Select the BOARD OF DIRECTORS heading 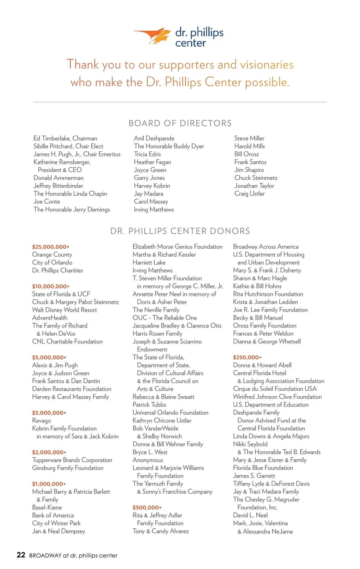coord(180,123)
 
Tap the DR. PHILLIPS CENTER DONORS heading coord(180,231)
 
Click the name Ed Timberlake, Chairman coord(65,138)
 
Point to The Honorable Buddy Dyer coord(169,146)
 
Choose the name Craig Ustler coord(249,194)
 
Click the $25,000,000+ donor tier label coord(51,247)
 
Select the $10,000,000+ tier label coord(51,286)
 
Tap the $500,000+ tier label coord(147,508)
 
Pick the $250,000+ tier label coord(247,357)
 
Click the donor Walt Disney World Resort coord(64,310)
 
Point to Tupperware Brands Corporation coord(72,460)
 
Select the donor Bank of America coord(53,515)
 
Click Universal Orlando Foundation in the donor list coord(170,413)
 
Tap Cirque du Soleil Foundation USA coord(275,389)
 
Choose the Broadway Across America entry coord(265,247)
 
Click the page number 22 coord(21,555)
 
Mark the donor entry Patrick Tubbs coord(149,405)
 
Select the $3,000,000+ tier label coord(49,413)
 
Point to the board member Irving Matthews coord(154,210)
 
